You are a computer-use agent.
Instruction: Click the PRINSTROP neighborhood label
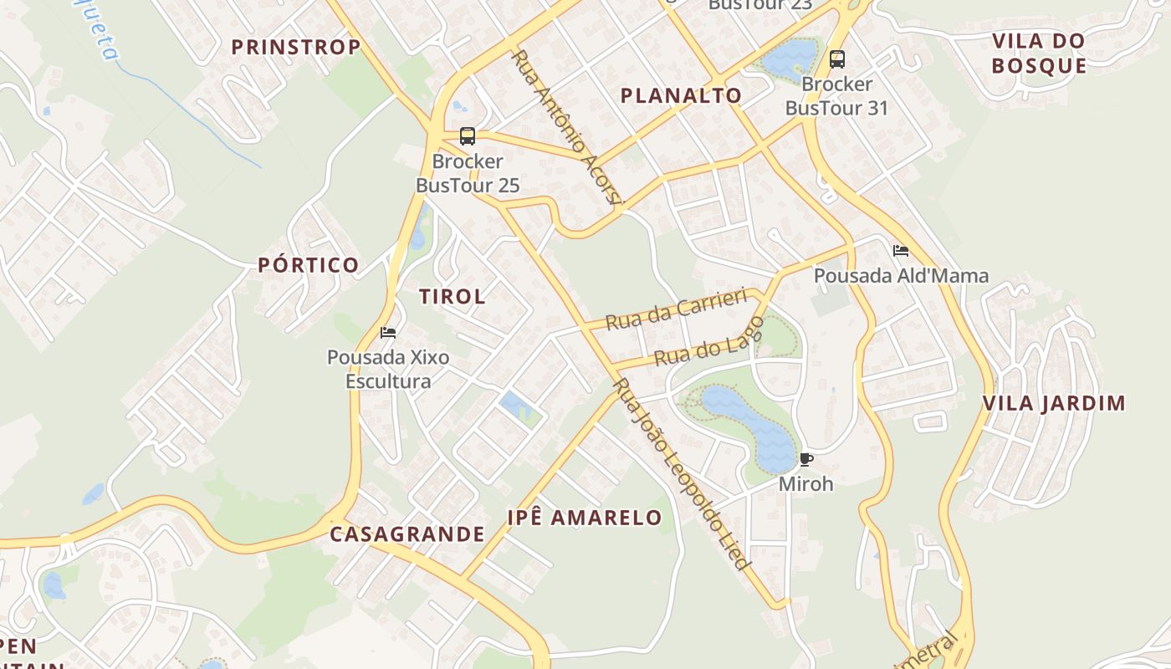[295, 47]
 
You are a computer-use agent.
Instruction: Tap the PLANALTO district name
[681, 95]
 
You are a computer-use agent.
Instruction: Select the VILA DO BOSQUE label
[1039, 53]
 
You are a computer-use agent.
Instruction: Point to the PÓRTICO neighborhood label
[308, 265]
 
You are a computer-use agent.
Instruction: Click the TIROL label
[452, 296]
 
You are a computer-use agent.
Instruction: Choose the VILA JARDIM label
[1054, 403]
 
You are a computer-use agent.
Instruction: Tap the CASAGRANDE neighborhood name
[407, 534]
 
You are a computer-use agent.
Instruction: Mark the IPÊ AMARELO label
[585, 518]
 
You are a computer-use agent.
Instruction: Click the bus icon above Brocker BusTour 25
[468, 135]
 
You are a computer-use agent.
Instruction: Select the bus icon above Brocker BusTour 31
[837, 59]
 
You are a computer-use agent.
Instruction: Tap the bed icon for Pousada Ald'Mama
[901, 250]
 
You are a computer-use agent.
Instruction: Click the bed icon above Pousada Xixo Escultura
[388, 332]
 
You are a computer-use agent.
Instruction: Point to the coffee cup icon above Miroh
[805, 459]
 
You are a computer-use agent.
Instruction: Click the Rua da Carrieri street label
[675, 309]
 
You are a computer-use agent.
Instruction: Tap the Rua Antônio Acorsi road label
[567, 127]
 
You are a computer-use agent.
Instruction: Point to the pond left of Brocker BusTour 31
[788, 57]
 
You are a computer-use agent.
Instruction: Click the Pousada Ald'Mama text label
[901, 275]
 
